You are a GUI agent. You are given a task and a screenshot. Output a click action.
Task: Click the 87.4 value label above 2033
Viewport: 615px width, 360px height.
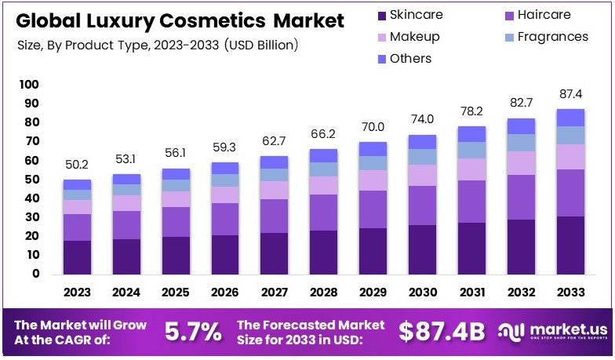tap(570, 93)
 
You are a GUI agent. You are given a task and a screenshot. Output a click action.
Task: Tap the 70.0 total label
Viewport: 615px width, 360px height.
tap(373, 126)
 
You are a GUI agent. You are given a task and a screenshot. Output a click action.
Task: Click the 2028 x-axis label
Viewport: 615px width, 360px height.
tap(324, 293)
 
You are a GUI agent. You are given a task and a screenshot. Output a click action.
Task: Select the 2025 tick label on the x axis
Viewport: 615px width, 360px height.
tap(176, 293)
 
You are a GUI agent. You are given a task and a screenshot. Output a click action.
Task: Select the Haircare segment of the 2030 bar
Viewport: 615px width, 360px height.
tap(422, 205)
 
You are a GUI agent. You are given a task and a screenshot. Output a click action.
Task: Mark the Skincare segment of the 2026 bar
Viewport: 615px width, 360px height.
tap(226, 254)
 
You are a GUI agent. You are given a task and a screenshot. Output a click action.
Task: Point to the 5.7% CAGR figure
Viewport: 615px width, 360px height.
tap(193, 332)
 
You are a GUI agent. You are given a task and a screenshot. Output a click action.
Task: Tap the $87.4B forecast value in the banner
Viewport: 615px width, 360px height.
tap(442, 332)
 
